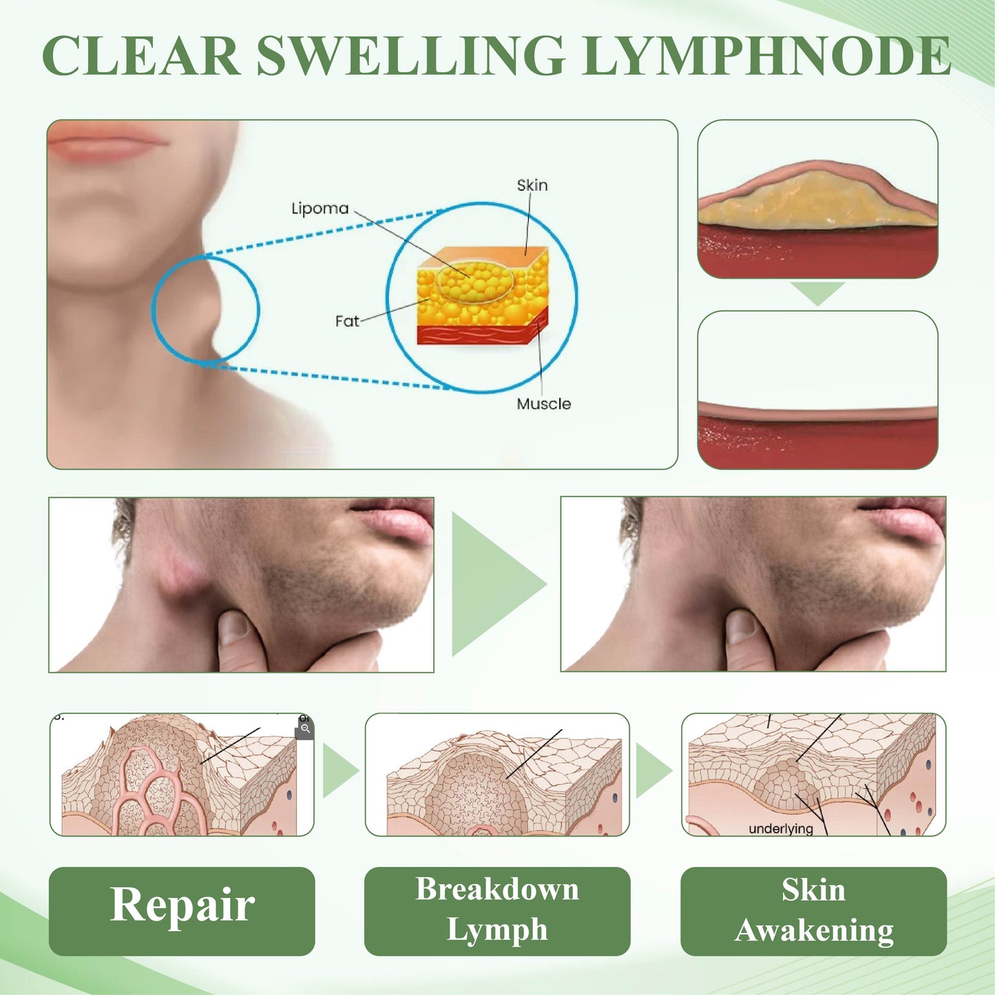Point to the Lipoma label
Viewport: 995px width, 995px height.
click(x=320, y=208)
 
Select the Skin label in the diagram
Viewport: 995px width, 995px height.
click(x=532, y=185)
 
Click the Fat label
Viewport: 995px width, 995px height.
click(x=347, y=321)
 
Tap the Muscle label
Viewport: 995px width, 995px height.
click(x=543, y=404)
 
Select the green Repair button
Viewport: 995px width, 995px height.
click(x=182, y=910)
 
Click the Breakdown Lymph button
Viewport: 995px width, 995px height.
click(x=496, y=910)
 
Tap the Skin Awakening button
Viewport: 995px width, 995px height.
click(x=813, y=910)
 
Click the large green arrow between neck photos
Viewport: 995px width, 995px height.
click(x=494, y=584)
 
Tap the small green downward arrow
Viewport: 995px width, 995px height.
click(x=817, y=292)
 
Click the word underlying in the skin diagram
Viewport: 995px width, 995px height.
click(x=780, y=828)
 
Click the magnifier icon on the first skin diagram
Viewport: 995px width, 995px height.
click(x=305, y=729)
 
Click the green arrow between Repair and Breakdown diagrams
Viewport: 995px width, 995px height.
click(x=339, y=771)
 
